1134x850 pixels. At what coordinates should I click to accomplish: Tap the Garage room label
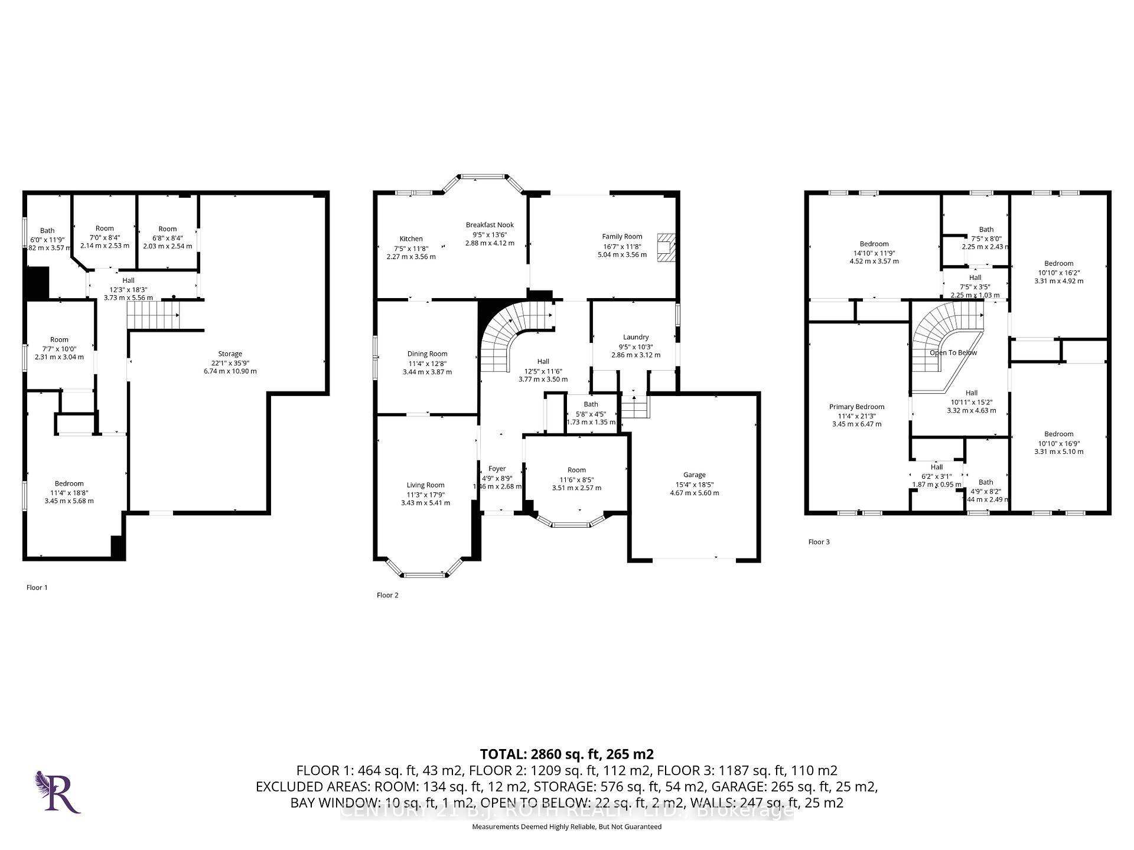click(694, 475)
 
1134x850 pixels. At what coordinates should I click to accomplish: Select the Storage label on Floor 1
click(230, 354)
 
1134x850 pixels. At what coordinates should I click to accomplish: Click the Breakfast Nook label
click(490, 225)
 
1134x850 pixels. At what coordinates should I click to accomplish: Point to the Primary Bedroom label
click(856, 407)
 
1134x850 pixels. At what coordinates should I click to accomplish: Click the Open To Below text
click(953, 353)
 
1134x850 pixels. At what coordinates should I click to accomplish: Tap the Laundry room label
click(636, 337)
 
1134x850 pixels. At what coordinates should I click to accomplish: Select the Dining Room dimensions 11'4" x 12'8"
click(427, 363)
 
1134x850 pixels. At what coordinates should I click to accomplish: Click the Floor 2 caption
click(387, 595)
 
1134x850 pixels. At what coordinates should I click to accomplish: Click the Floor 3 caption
click(819, 542)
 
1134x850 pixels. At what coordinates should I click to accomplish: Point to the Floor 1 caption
click(37, 587)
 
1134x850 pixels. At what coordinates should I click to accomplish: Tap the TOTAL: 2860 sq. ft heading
click(566, 754)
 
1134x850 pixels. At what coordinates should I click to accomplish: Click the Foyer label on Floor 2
click(497, 469)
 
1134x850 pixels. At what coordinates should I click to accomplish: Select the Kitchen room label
click(411, 239)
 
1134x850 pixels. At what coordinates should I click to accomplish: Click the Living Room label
click(425, 485)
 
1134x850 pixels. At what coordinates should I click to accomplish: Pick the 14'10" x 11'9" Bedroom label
click(874, 244)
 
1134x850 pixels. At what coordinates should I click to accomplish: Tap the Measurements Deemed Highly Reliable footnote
click(566, 827)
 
